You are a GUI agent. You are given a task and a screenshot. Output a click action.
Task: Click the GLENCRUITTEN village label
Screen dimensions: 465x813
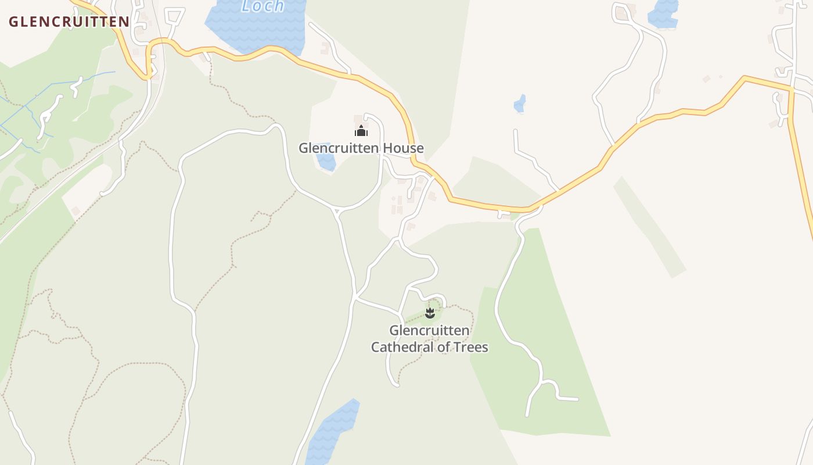[x=69, y=22]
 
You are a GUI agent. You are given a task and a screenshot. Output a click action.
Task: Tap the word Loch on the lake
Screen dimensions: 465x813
[x=263, y=6]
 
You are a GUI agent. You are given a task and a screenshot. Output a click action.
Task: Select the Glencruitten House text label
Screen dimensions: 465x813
[x=361, y=148]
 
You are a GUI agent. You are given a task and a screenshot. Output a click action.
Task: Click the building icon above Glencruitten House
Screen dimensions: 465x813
[x=361, y=131]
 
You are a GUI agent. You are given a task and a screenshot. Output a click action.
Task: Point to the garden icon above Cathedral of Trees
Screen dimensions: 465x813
[x=430, y=314]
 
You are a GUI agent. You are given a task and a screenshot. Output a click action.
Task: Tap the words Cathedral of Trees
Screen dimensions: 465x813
[x=430, y=348]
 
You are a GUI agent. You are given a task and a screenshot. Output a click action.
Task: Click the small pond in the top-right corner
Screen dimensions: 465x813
[x=663, y=14]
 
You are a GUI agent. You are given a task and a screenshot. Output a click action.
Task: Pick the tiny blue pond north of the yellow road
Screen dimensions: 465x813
[x=520, y=104]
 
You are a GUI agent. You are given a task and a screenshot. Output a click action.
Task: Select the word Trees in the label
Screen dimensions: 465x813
[x=469, y=348]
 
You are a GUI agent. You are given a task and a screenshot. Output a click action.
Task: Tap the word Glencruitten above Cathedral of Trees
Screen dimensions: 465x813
[x=429, y=331]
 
